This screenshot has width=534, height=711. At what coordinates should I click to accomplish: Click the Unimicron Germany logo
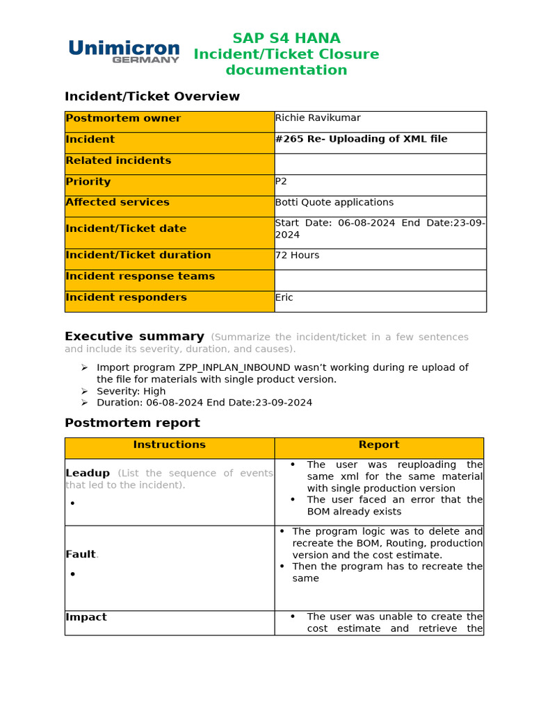pyautogui.click(x=124, y=51)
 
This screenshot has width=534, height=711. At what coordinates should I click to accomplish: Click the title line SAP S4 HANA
pyautogui.click(x=286, y=38)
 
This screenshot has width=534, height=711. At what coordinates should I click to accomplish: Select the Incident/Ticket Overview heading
pyautogui.click(x=152, y=97)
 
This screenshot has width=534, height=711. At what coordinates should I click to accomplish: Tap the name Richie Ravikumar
pyautogui.click(x=318, y=118)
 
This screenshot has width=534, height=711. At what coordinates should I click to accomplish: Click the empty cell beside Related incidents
pyautogui.click(x=380, y=164)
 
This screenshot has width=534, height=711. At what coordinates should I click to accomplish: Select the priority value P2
pyautogui.click(x=282, y=181)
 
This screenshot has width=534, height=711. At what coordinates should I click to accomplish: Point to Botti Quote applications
pyautogui.click(x=334, y=202)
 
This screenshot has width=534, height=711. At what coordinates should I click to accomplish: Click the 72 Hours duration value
pyautogui.click(x=298, y=255)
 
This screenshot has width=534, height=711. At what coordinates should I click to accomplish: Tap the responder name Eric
pyautogui.click(x=284, y=297)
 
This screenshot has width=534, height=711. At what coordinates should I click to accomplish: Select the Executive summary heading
pyautogui.click(x=134, y=337)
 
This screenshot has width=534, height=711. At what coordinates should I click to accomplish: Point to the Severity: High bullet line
pyautogui.click(x=131, y=391)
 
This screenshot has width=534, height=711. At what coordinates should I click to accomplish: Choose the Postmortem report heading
pyautogui.click(x=132, y=423)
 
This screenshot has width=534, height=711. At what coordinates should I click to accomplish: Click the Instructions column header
pyautogui.click(x=169, y=444)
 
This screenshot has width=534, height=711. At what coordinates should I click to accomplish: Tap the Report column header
pyautogui.click(x=379, y=444)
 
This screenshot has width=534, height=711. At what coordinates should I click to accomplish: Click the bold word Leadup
pyautogui.click(x=88, y=473)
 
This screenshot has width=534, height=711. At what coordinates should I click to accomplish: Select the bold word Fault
pyautogui.click(x=81, y=554)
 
